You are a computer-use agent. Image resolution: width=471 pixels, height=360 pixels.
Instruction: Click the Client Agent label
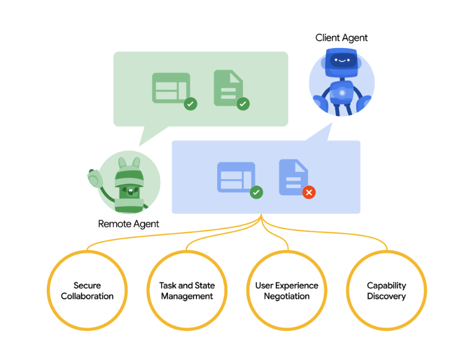342,38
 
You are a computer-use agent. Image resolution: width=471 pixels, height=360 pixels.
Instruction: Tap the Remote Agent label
128,224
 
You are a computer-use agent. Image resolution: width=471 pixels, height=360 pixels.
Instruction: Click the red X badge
309,193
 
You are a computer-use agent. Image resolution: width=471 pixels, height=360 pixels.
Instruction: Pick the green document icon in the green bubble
228,88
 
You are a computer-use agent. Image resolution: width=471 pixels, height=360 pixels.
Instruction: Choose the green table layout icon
171,88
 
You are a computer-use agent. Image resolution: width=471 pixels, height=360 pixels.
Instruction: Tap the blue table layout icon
235,177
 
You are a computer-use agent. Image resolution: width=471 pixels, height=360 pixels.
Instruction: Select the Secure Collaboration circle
87,291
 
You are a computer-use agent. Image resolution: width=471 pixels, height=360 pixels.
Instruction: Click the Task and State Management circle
187,291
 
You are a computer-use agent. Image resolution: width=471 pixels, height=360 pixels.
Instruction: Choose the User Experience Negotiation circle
287,291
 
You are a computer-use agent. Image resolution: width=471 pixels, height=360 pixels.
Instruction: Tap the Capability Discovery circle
386,291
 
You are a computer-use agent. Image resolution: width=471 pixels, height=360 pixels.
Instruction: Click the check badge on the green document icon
243,104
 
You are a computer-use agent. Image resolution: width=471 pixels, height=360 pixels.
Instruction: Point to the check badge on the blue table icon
256,193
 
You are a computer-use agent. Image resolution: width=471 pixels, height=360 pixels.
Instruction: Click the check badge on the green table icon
191,104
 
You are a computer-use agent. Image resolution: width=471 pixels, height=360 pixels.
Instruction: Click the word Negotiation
287,296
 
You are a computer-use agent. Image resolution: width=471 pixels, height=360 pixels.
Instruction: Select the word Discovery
386,296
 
